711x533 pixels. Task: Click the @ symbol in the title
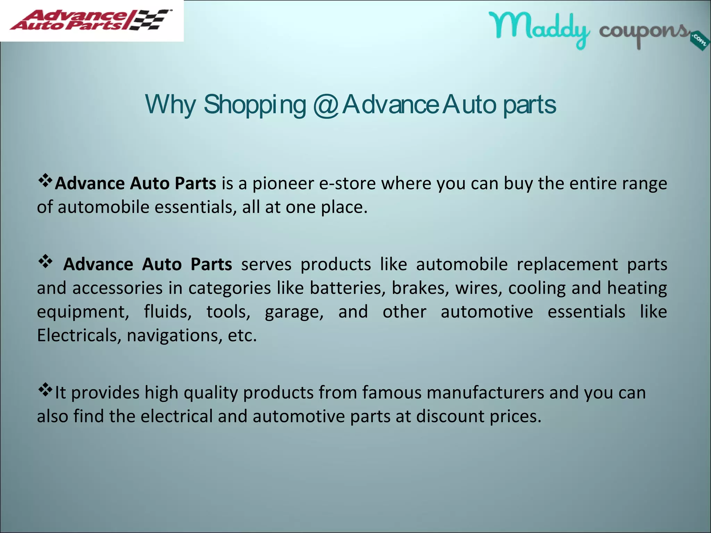point(326,104)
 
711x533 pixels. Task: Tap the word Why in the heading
point(170,104)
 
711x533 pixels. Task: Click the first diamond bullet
point(45,180)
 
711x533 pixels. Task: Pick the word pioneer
point(283,183)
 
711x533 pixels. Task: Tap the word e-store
point(347,183)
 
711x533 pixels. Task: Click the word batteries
point(348,288)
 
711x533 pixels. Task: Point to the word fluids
point(168,312)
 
